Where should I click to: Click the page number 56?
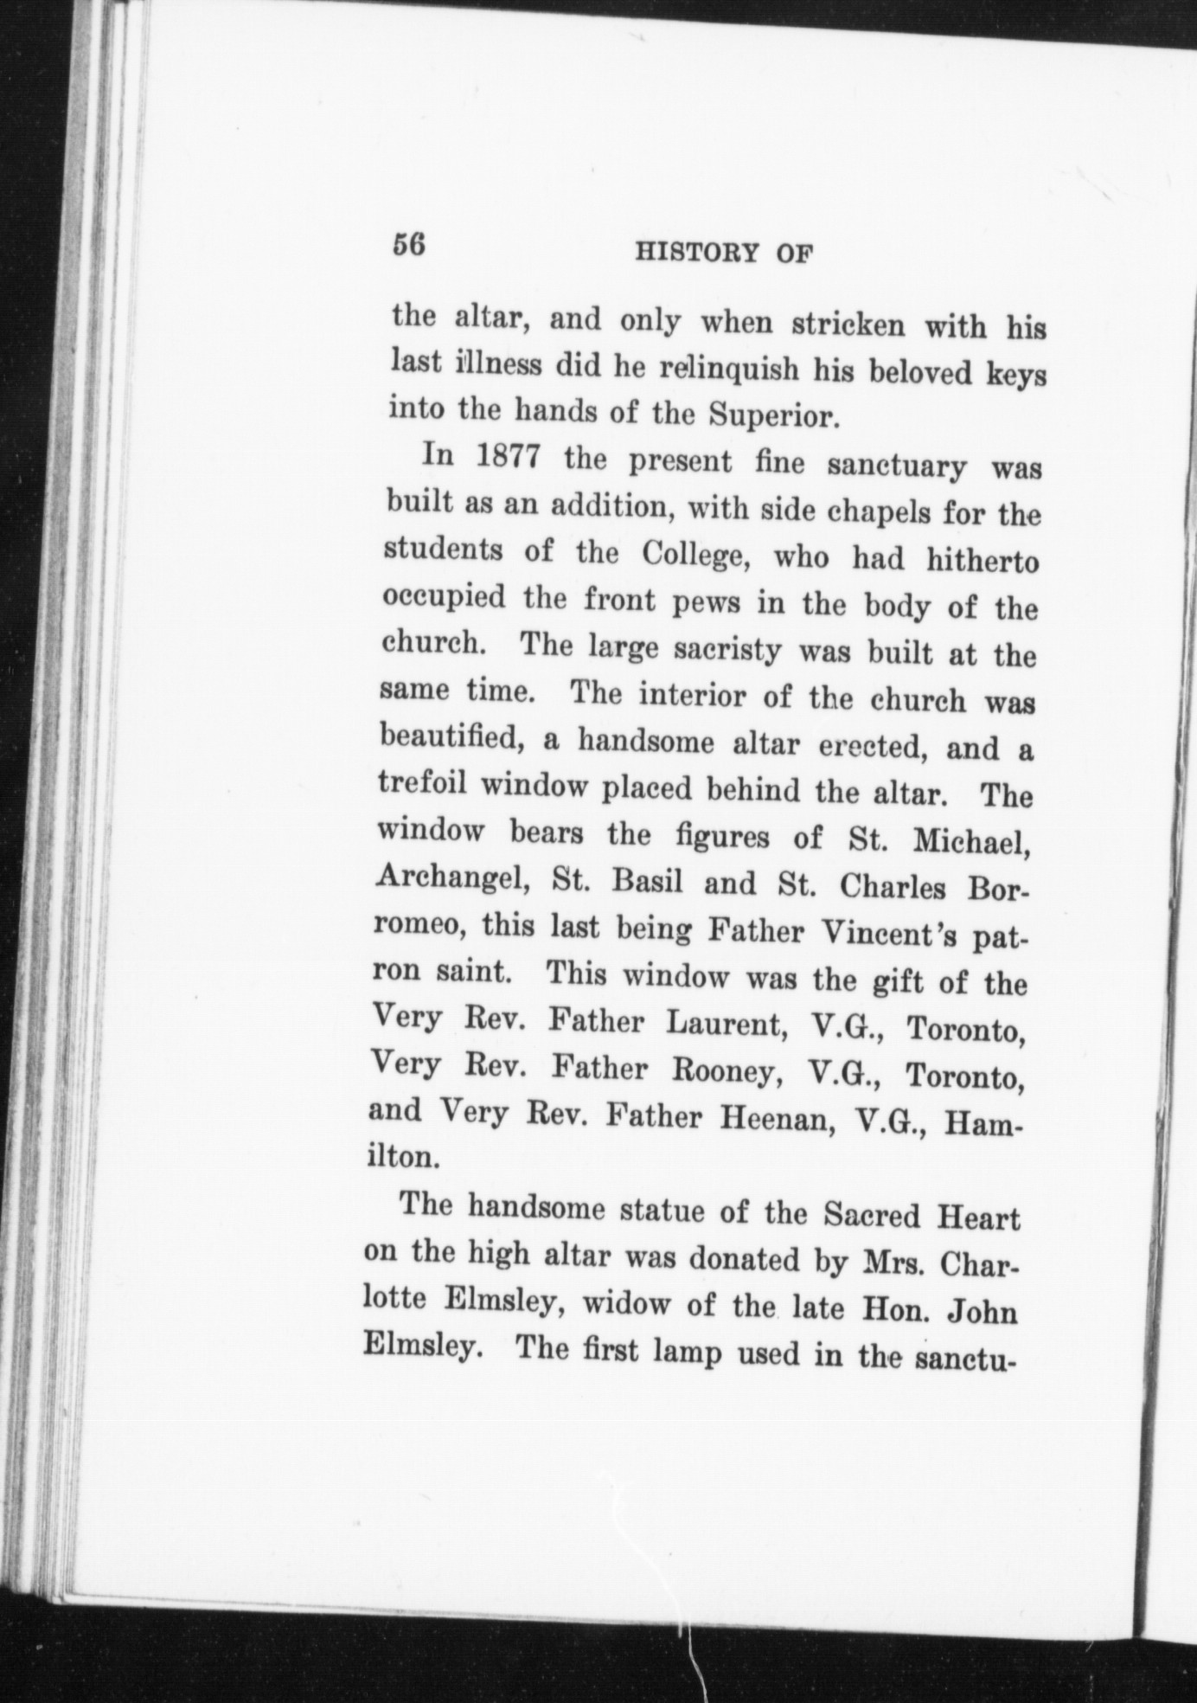408,245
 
